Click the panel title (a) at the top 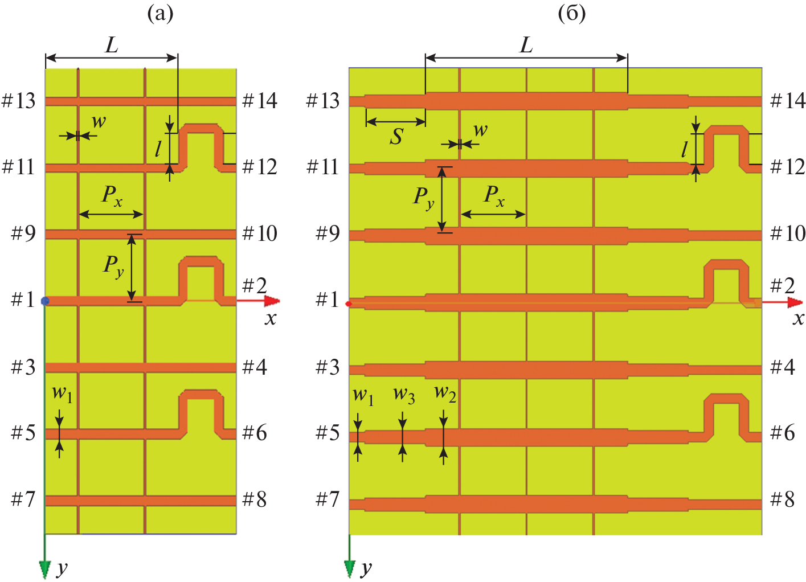pyautogui.click(x=160, y=13)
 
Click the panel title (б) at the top pyautogui.click(x=572, y=13)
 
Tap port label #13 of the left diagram pyautogui.click(x=19, y=101)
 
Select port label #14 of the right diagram pyautogui.click(x=788, y=101)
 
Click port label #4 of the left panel pyautogui.click(x=255, y=367)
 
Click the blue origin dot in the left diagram pyautogui.click(x=46, y=301)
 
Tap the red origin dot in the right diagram pyautogui.click(x=349, y=304)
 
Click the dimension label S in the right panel pyautogui.click(x=396, y=137)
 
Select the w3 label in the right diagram pyautogui.click(x=404, y=394)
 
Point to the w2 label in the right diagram pyautogui.click(x=445, y=393)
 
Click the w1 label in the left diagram pyautogui.click(x=62, y=394)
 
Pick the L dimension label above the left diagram pyautogui.click(x=112, y=44)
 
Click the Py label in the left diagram pyautogui.click(x=113, y=265)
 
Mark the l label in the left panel pyautogui.click(x=158, y=149)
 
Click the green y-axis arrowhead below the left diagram pyautogui.click(x=44, y=569)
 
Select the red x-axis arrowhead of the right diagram pyautogui.click(x=795, y=301)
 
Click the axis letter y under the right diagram pyautogui.click(x=366, y=568)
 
